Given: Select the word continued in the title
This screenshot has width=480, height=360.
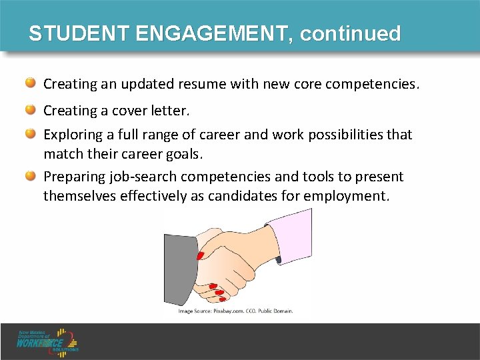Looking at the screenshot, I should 351,34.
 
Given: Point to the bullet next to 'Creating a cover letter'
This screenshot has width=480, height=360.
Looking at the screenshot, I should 31,109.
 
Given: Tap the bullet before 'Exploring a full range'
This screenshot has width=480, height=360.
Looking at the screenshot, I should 31,134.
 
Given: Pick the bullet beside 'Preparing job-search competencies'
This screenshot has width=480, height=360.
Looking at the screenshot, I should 31,176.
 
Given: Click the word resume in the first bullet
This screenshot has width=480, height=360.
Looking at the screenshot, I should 200,85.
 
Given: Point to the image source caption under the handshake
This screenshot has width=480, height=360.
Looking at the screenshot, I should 235,311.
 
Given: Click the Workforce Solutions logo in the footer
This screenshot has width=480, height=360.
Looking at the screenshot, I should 48,341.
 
